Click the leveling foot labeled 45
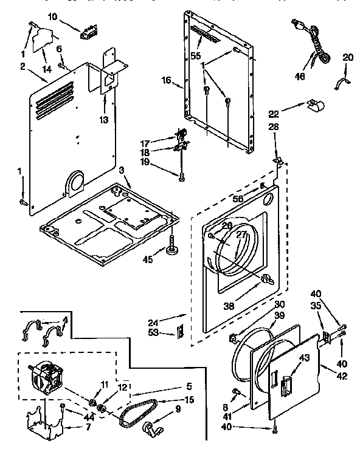click(x=174, y=248)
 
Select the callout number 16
click(x=165, y=79)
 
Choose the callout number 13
click(x=105, y=120)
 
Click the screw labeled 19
click(x=181, y=176)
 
